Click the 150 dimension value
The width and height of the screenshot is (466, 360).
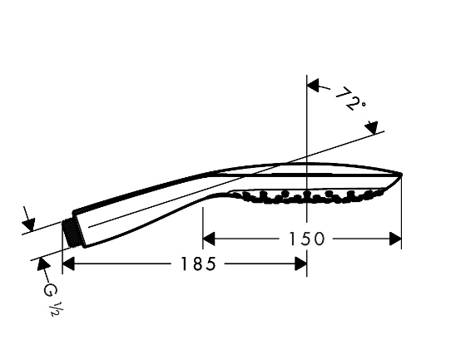[x=307, y=239]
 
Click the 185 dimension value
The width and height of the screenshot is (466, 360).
[x=198, y=264]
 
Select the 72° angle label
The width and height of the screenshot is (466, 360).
[x=350, y=99]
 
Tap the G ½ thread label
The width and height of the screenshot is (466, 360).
[x=52, y=299]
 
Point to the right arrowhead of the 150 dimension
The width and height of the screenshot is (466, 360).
[x=395, y=239]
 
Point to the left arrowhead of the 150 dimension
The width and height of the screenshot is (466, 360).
[x=209, y=239]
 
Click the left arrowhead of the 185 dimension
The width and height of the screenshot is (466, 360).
[x=68, y=264]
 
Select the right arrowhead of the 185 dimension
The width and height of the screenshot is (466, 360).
[x=300, y=264]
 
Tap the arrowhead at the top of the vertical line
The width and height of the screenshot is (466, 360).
[x=313, y=86]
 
